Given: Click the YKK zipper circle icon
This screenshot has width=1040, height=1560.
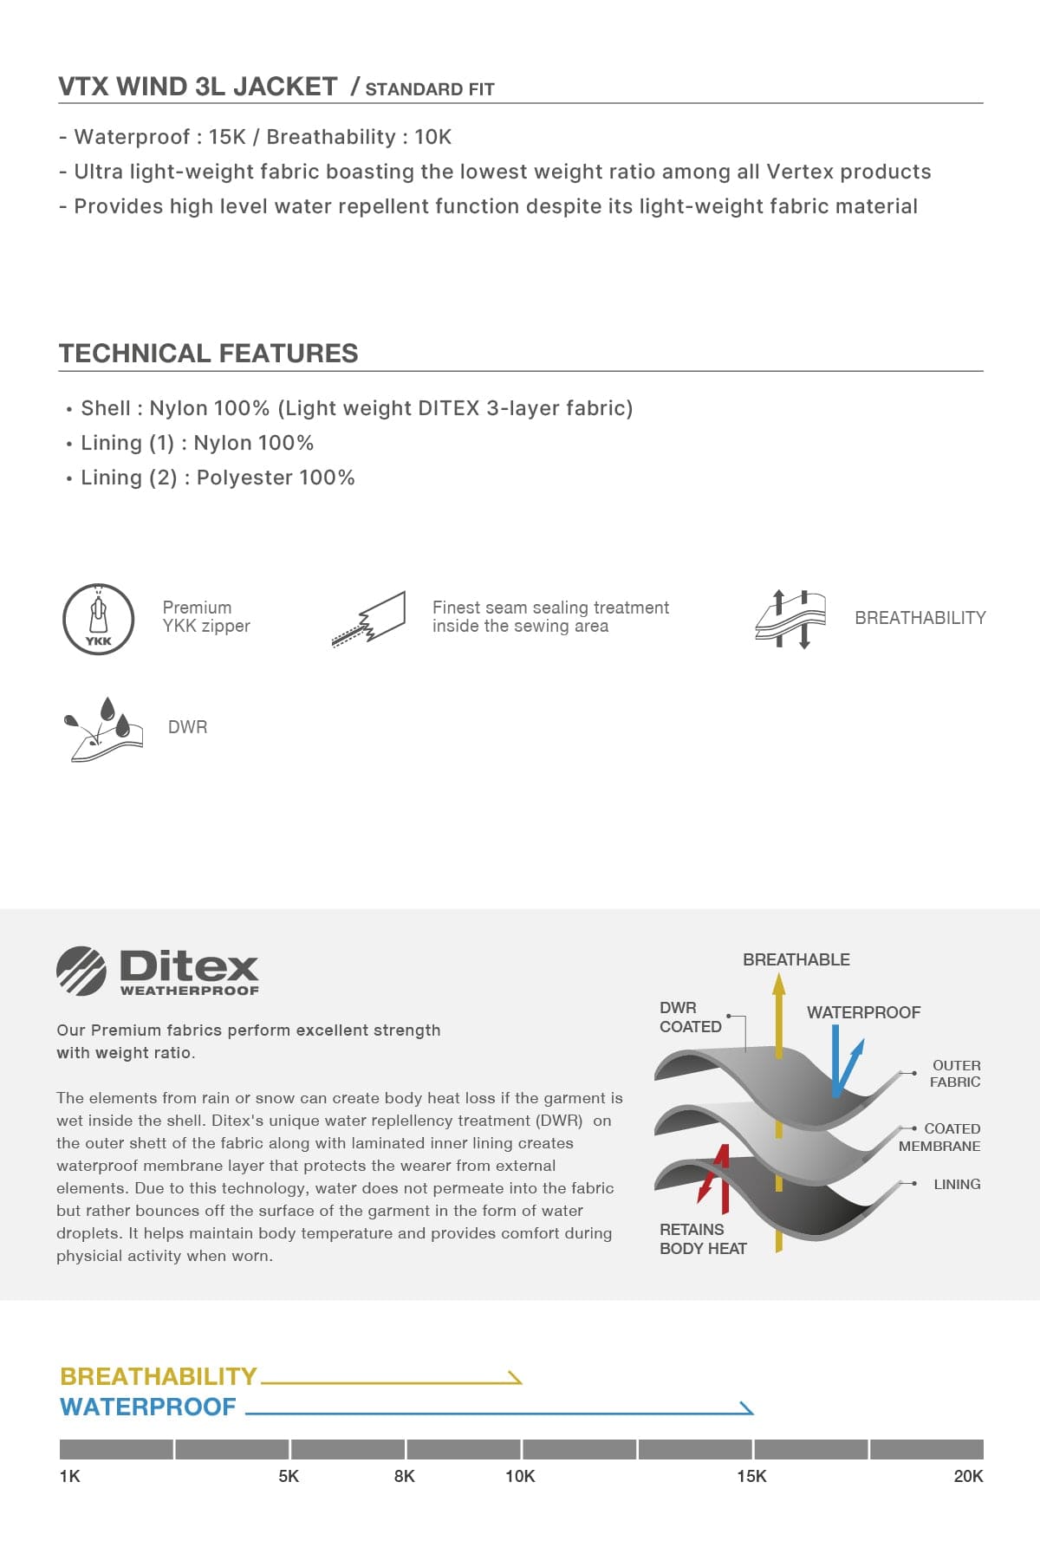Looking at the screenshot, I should pos(98,619).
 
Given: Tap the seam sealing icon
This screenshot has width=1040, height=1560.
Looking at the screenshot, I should pos(369,619).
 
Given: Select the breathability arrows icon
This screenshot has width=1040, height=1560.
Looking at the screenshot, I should pos(790,619).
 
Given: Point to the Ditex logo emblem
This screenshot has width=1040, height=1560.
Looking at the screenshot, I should pos(81,971).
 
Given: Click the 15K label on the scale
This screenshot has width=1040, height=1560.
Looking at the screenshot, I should pos(751,1476).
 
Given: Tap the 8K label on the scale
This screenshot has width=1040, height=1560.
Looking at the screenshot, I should pos(404,1476).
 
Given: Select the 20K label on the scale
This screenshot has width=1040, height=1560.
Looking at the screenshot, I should pos(968,1476).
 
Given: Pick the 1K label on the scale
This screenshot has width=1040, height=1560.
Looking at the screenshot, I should pos(69,1476).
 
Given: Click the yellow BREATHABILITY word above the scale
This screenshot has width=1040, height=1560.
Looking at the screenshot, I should pos(159,1376).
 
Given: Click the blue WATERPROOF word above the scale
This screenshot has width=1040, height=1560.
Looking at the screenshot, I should pos(148,1407).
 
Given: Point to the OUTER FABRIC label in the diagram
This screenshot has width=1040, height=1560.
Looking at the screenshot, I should pos(955,1073).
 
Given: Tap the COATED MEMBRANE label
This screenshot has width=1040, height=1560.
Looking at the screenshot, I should pos(940,1137).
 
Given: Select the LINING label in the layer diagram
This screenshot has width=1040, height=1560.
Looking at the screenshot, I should pos(957,1184).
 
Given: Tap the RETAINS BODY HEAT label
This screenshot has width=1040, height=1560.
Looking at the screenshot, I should pos(703,1238).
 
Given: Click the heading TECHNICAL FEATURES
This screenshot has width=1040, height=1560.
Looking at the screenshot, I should pos(208,354).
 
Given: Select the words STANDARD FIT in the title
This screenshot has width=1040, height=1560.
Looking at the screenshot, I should pos(430,89).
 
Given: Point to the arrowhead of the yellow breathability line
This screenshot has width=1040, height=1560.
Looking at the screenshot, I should pos(516,1377).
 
